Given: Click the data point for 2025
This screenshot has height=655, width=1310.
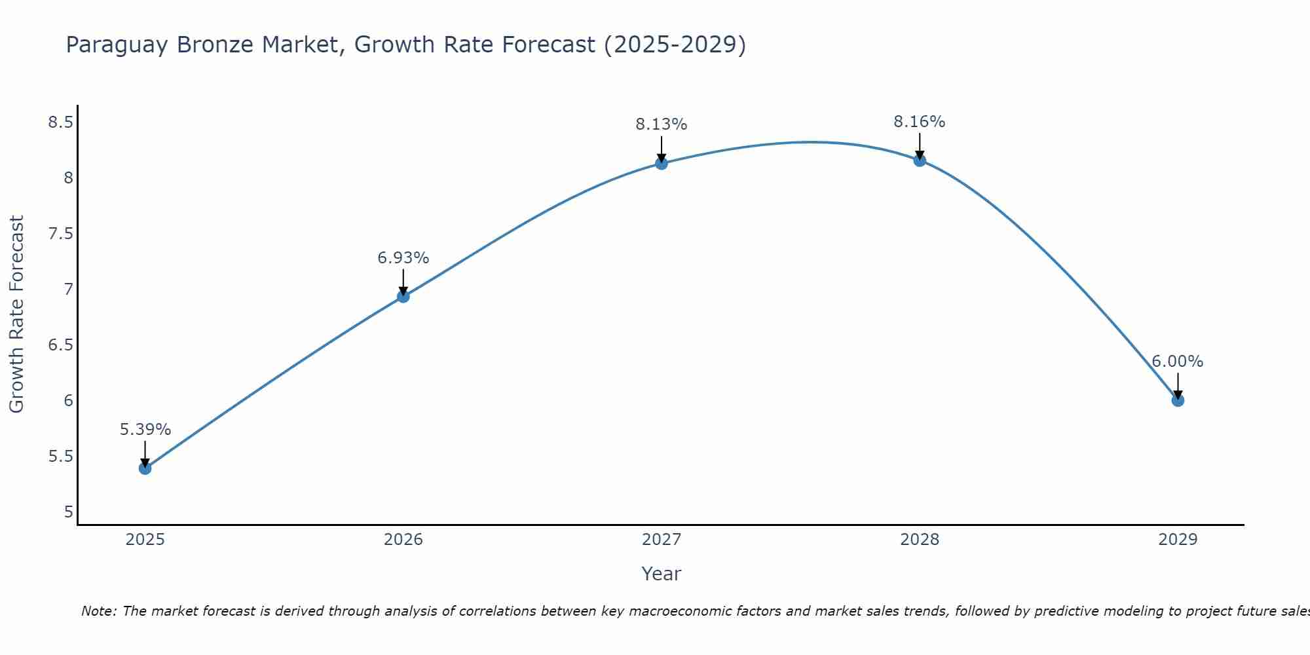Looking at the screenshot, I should (145, 468).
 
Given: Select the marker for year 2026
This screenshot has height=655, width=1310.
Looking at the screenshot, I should (403, 296).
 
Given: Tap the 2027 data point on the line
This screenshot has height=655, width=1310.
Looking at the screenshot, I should (662, 163).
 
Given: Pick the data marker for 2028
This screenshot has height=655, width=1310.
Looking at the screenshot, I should (920, 160).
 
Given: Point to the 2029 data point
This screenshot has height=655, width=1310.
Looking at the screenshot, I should (1178, 400).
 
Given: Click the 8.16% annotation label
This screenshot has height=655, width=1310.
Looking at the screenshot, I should (919, 122).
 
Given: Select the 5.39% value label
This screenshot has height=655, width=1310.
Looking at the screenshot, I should (145, 430).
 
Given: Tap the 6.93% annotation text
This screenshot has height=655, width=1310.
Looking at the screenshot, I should (403, 258).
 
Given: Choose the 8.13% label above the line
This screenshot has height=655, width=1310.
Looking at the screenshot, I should (661, 124).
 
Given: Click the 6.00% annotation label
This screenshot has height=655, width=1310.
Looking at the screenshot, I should (1177, 362).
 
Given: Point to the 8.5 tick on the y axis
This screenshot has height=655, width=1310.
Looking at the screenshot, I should (61, 122).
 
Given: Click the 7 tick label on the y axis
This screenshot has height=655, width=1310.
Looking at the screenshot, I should (68, 289).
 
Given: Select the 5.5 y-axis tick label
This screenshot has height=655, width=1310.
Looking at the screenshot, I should (61, 456).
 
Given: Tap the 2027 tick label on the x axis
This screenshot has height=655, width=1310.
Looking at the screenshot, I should (662, 540).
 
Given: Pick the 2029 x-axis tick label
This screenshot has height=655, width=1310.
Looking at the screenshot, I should (1178, 540).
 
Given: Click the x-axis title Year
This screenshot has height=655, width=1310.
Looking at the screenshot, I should (662, 574).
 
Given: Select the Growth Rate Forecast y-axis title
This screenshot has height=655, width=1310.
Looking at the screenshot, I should (17, 314).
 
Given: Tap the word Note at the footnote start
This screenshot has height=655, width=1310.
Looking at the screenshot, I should (98, 611).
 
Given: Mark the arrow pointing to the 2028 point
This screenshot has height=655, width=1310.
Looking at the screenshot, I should (920, 146).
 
